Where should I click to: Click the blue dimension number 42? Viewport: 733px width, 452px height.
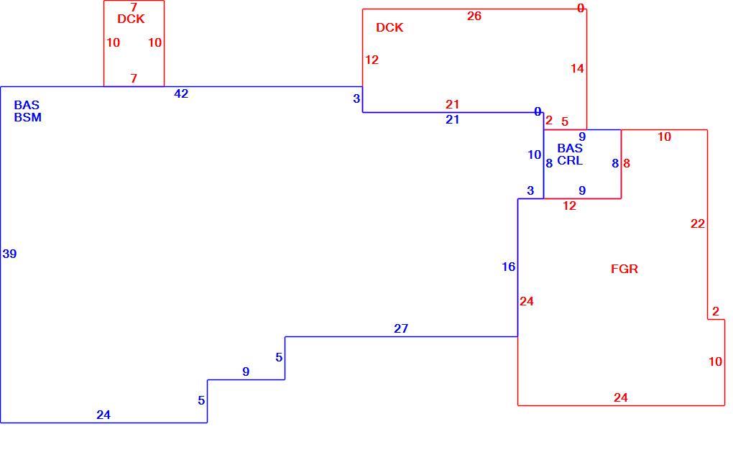tap(181, 94)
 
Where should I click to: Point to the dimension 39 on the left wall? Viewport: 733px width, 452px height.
tap(9, 254)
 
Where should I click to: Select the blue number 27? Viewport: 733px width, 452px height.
tap(400, 328)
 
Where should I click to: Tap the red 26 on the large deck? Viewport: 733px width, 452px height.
tap(474, 16)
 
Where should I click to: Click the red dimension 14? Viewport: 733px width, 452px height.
tap(577, 69)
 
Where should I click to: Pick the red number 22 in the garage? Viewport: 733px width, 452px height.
tap(698, 224)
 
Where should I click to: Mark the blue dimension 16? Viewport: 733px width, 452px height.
tap(509, 267)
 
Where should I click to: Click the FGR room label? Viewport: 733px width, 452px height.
tap(624, 269)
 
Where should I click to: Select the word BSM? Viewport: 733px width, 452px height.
tap(27, 117)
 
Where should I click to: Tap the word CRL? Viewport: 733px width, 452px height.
tap(570, 160)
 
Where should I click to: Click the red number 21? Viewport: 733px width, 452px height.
tap(452, 104)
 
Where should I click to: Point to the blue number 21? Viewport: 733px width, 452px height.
tap(452, 120)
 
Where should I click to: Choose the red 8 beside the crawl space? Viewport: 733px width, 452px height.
tap(627, 164)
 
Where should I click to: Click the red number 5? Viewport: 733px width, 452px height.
tap(565, 121)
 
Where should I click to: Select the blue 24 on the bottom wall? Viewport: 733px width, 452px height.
tap(103, 415)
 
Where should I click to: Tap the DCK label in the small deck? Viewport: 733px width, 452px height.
tap(131, 19)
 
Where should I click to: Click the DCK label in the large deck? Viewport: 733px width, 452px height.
tap(389, 27)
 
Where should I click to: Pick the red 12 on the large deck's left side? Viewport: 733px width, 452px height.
tap(372, 60)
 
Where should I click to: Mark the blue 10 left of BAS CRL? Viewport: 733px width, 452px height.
tap(535, 154)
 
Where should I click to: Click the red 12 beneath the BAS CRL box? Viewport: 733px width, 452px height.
tap(569, 206)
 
